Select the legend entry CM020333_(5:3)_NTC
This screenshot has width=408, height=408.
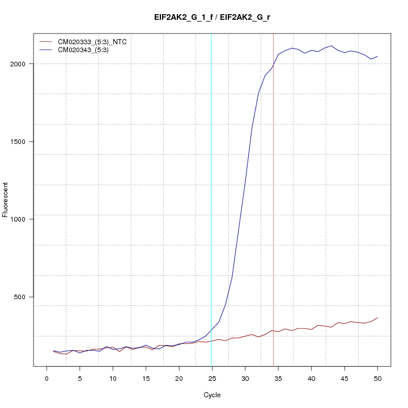tap(88, 41)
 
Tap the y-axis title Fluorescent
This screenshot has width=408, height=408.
tap(6, 199)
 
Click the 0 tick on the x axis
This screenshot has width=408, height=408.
tap(46, 378)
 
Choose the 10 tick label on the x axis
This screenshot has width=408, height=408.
tap(113, 378)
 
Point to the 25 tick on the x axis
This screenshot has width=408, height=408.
tap(212, 378)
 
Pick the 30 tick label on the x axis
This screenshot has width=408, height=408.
tap(245, 378)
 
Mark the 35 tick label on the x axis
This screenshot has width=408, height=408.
tap(278, 378)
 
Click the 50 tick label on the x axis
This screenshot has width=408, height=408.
tap(377, 378)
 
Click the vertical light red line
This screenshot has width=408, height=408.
tap(273, 227)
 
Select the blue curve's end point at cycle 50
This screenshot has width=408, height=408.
tap(377, 56)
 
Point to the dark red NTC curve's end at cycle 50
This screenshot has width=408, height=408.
tap(377, 318)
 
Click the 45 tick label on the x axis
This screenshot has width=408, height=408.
tap(345, 378)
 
